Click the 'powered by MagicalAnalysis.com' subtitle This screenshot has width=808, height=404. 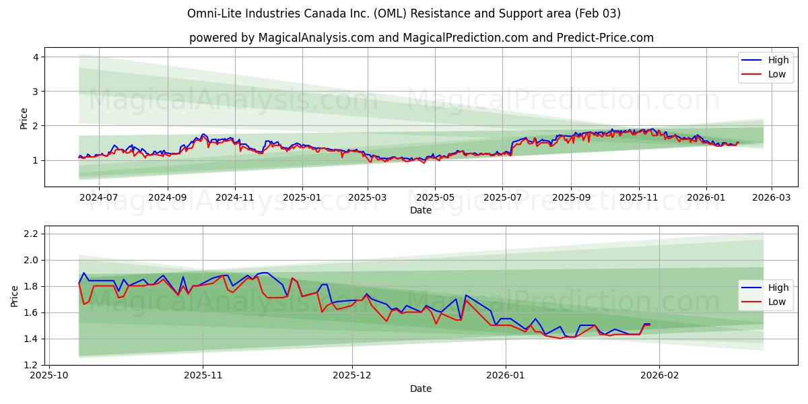[x=421, y=38]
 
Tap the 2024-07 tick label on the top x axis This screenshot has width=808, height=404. [x=98, y=198]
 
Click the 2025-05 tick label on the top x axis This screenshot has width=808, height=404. [x=434, y=198]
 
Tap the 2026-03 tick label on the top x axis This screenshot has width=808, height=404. [x=772, y=198]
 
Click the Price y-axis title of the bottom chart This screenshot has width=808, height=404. [x=15, y=296]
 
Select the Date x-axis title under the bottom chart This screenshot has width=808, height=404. [x=421, y=389]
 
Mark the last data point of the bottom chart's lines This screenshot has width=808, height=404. [x=649, y=325]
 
